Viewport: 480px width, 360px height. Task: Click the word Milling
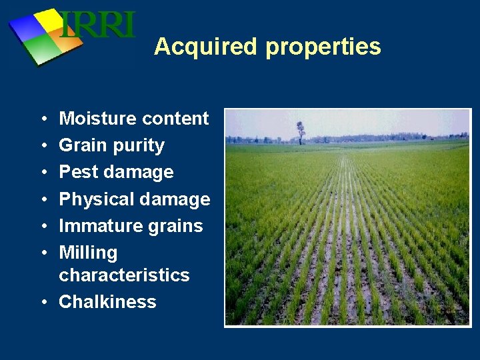(x=88, y=253)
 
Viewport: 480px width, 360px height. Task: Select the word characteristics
(x=124, y=275)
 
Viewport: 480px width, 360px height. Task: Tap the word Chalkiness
(x=107, y=301)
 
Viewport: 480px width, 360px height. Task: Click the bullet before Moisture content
(x=43, y=119)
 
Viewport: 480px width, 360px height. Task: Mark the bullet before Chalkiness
(x=43, y=302)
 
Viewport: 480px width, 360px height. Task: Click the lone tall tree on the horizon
(x=301, y=131)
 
